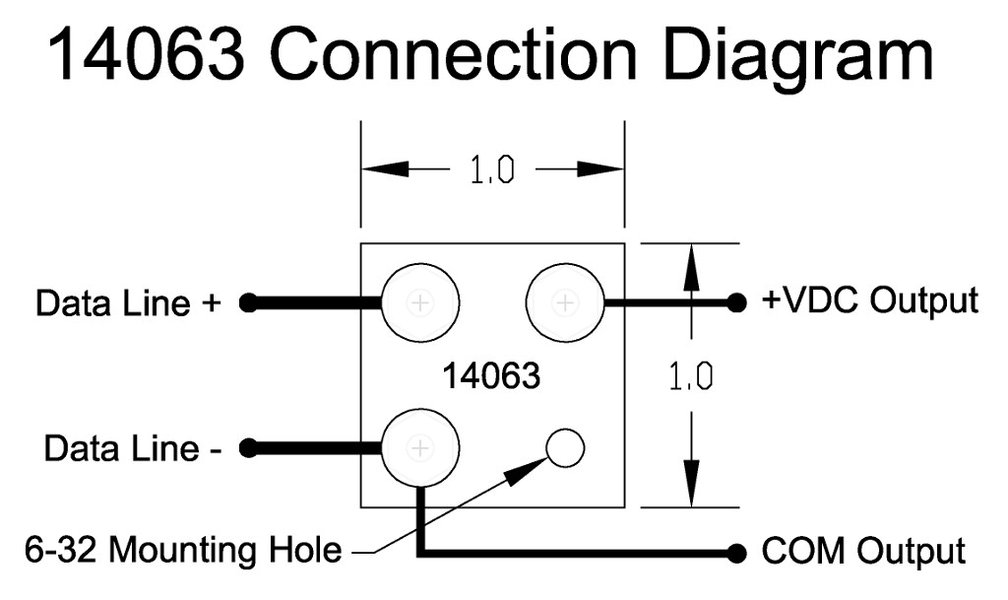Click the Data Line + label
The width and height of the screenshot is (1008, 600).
(x=128, y=302)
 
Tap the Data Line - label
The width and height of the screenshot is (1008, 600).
(x=133, y=449)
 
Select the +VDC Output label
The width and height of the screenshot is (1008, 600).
(x=870, y=300)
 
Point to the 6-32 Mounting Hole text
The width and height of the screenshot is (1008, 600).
(x=182, y=550)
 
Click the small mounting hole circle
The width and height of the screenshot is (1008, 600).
(x=564, y=448)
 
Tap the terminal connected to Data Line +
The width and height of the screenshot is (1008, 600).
(x=420, y=302)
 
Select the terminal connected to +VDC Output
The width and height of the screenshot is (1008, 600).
(x=565, y=302)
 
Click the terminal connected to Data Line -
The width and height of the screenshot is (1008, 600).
(x=420, y=448)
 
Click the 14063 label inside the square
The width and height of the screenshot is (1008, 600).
(x=491, y=375)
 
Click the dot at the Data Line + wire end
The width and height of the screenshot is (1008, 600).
(x=248, y=303)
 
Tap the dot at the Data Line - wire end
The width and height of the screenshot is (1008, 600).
(x=248, y=449)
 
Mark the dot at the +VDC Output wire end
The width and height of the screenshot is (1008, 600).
(x=735, y=303)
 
